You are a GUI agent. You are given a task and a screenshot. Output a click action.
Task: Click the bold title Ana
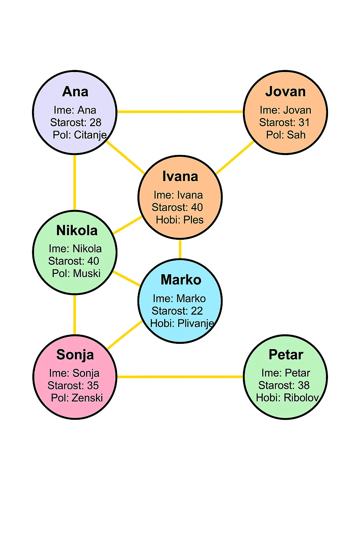75,92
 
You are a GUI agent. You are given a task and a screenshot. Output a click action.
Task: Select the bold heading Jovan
285,92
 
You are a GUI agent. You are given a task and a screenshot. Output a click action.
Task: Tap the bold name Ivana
180,176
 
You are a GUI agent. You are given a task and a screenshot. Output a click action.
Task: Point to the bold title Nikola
77,231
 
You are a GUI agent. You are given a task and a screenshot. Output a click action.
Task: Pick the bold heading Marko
181,280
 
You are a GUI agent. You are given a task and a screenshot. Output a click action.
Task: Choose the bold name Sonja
75,355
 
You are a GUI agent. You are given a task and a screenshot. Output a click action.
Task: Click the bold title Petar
285,355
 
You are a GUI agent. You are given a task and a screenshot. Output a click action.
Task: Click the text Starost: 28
76,122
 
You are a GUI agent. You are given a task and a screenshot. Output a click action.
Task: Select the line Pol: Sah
285,135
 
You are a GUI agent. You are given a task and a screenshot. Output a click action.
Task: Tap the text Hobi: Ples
180,220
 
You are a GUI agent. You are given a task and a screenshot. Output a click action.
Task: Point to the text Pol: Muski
76,273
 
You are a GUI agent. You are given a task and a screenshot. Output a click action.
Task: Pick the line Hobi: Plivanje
182,323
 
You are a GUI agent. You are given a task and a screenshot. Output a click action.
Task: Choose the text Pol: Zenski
77,398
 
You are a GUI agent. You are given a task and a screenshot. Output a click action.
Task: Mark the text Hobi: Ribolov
287,398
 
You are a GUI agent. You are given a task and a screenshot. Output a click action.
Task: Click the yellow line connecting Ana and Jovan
180,112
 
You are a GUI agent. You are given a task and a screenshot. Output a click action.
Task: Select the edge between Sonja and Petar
180,377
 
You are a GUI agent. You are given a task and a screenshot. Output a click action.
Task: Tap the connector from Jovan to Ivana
235,157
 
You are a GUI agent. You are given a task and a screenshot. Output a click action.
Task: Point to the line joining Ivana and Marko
180,249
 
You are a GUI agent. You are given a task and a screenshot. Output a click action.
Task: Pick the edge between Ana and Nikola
75,182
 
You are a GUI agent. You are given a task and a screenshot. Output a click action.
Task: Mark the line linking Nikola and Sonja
75,315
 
